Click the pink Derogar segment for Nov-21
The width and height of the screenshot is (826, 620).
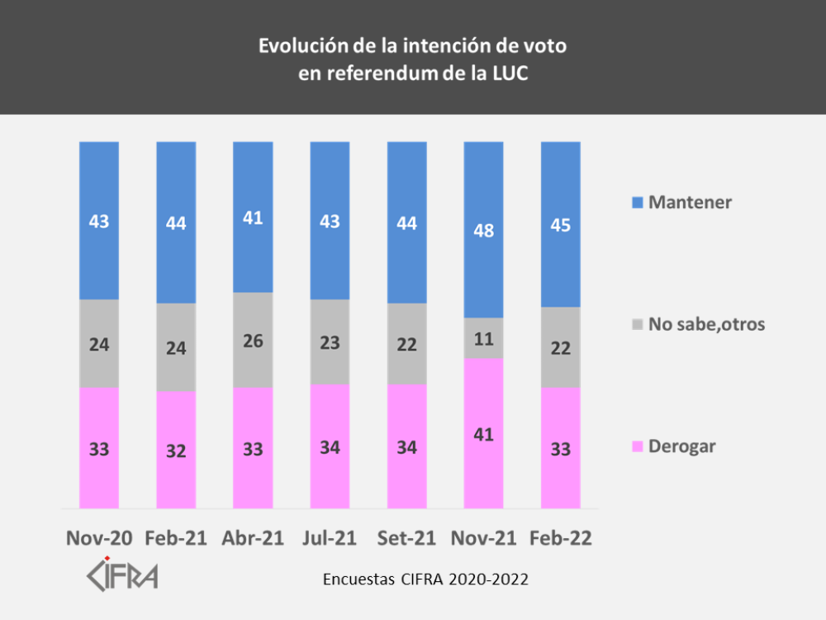[483, 433]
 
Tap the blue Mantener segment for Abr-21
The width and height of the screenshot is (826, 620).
[253, 217]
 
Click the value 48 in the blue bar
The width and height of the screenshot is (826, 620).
[483, 231]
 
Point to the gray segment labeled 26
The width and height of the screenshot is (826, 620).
[253, 340]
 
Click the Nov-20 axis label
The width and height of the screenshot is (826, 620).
[99, 538]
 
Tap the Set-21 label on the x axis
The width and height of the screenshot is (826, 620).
[406, 538]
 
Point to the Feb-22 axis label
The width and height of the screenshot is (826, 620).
[560, 538]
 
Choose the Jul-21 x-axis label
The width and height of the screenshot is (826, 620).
[330, 538]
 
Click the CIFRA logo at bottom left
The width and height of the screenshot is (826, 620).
[123, 575]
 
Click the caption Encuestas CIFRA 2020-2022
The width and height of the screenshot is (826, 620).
[425, 579]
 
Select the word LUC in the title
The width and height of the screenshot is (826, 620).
[505, 72]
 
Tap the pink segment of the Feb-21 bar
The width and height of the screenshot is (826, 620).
[176, 451]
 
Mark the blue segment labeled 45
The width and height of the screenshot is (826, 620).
[560, 224]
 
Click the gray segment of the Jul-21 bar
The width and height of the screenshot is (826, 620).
[330, 341]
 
